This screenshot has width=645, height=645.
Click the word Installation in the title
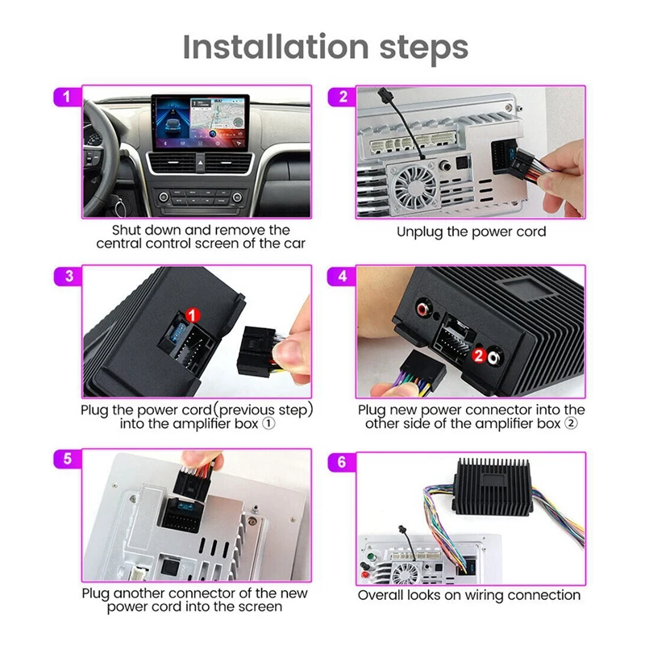pyautogui.click(x=275, y=47)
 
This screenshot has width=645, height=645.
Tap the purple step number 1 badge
pyautogui.click(x=68, y=97)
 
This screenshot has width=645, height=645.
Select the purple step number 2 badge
pyautogui.click(x=342, y=97)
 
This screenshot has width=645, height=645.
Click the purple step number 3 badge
pyautogui.click(x=68, y=276)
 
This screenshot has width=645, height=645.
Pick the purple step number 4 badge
pyautogui.click(x=342, y=276)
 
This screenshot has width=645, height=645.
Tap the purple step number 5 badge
pyautogui.click(x=68, y=459)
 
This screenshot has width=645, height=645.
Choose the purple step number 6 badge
pyautogui.click(x=342, y=462)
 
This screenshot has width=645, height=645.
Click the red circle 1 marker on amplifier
pyautogui.click(x=193, y=315)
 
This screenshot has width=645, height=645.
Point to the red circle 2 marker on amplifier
pyautogui.click(x=478, y=356)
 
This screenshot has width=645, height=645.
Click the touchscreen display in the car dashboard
pyautogui.click(x=200, y=123)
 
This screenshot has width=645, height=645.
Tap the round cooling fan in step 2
pyautogui.click(x=415, y=187)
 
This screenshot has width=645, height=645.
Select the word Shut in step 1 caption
pyautogui.click(x=125, y=230)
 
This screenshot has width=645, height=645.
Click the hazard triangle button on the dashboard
pyautogui.click(x=200, y=163)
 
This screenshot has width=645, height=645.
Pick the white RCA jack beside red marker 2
pyautogui.click(x=494, y=357)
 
